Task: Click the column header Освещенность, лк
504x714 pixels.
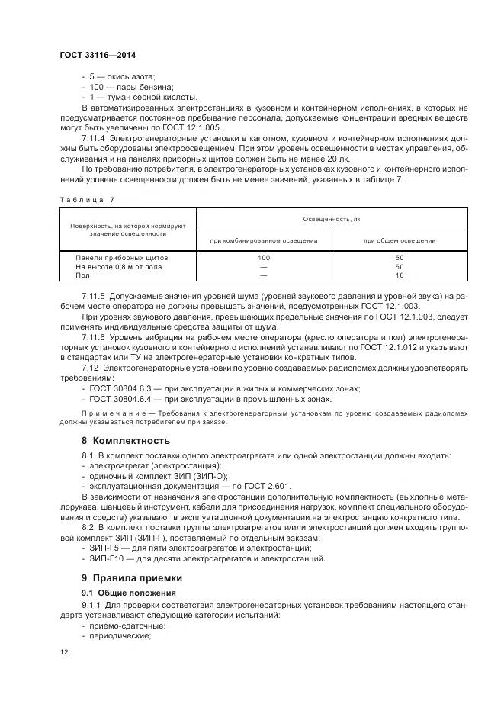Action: tap(331, 219)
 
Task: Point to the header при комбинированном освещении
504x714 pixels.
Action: tap(265, 240)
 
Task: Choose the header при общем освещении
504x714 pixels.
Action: tap(399, 240)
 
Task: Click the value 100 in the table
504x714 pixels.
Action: tap(265, 258)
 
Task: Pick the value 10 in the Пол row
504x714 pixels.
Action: tap(399, 275)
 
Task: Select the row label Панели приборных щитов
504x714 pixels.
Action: tap(122, 258)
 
